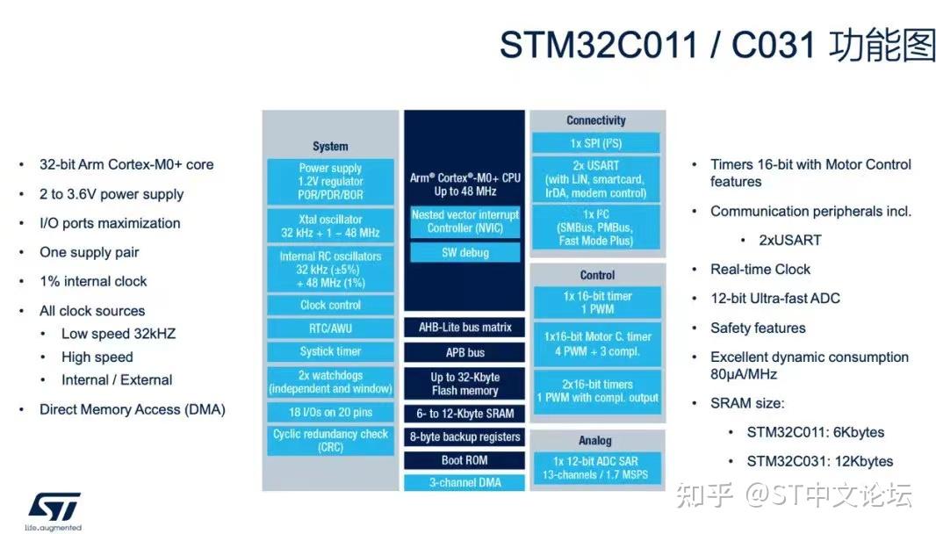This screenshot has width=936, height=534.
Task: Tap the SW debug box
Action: pyautogui.click(x=464, y=253)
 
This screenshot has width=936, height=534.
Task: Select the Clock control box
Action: pyautogui.click(x=330, y=305)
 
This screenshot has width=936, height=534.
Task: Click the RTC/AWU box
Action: pyautogui.click(x=330, y=328)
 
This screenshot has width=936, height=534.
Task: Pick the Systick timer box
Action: pyautogui.click(x=330, y=351)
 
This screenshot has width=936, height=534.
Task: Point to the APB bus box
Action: pyautogui.click(x=464, y=352)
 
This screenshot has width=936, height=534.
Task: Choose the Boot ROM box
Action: pyautogui.click(x=464, y=460)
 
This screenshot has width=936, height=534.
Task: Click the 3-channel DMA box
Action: pyautogui.click(x=464, y=482)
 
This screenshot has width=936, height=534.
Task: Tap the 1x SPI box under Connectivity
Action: pyautogui.click(x=596, y=142)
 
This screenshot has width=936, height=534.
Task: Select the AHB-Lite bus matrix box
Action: pyautogui.click(x=464, y=328)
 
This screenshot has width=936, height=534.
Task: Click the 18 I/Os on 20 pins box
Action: pyautogui.click(x=330, y=412)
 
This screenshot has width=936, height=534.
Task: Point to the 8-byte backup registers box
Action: pyautogui.click(x=464, y=437)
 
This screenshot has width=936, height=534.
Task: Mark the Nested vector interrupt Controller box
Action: pyautogui.click(x=464, y=221)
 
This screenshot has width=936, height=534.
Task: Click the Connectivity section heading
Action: pyautogui.click(x=596, y=120)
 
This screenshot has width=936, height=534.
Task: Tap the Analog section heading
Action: pyautogui.click(x=595, y=440)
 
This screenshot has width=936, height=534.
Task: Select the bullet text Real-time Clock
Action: pyautogui.click(x=760, y=270)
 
